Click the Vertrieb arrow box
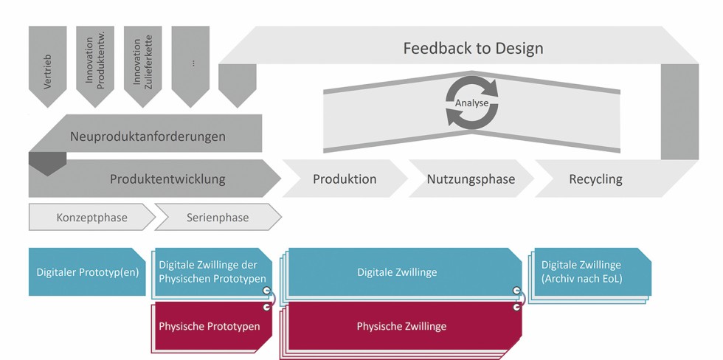47,63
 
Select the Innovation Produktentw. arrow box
95,63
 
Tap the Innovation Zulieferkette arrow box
142,63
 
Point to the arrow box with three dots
190,63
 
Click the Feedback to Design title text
473,49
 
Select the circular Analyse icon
472,103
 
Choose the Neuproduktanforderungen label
148,136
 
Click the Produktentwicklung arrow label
167,179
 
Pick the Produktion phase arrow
345,179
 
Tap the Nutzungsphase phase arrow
471,179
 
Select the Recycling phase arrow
596,179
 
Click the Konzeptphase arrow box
91,218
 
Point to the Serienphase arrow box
218,218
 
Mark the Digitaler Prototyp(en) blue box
87,272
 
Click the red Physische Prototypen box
210,325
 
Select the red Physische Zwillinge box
401,325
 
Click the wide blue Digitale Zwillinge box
397,272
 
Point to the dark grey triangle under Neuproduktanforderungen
46,163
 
